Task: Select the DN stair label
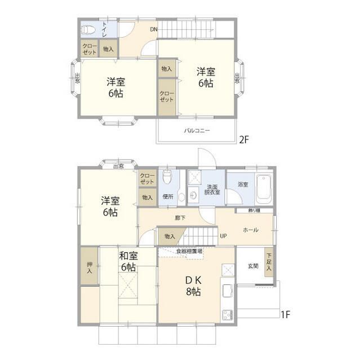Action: coord(153,29)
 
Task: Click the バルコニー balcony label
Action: coord(197,130)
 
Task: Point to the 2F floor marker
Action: coord(243,140)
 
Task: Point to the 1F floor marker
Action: coord(285,314)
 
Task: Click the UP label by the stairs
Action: coord(223,236)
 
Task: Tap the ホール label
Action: coord(251,230)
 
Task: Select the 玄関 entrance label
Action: coord(253,265)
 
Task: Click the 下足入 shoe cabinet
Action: coord(269,262)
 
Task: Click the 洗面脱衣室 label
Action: coord(213,190)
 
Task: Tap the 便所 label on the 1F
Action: coord(167,197)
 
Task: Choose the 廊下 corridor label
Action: coord(179,218)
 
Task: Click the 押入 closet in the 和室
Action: coord(89,267)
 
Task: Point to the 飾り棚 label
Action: coord(254,211)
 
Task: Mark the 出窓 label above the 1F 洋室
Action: coord(118,166)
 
